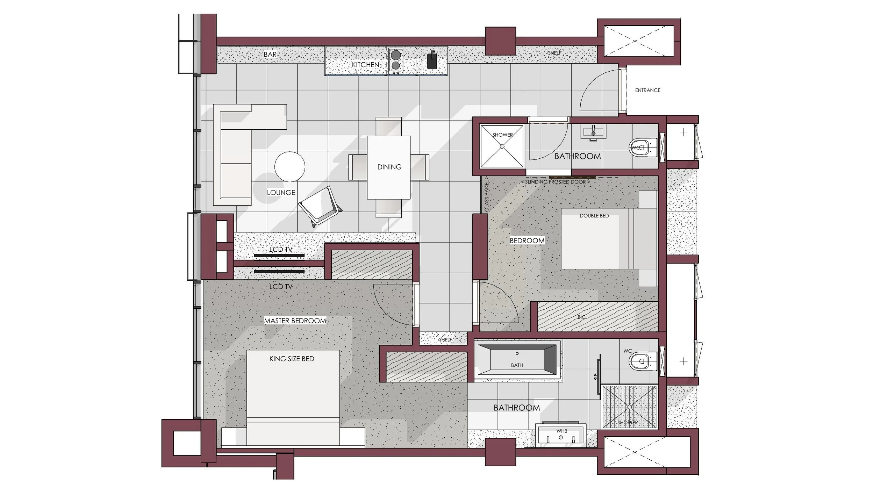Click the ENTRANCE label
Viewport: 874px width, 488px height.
[647, 90]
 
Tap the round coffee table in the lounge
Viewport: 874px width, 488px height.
[289, 167]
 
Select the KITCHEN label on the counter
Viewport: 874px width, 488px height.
[365, 65]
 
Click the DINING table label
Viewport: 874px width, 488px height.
[389, 167]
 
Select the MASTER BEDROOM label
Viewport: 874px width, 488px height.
[295, 321]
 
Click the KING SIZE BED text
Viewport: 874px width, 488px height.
[292, 359]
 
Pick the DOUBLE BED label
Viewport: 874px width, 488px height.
[594, 216]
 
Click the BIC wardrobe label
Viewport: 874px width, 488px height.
[581, 317]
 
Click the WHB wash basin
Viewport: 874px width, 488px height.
[561, 435]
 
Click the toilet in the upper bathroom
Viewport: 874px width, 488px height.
[643, 148]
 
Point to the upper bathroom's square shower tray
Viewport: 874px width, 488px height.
[502, 146]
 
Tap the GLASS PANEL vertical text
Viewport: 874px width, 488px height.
[487, 194]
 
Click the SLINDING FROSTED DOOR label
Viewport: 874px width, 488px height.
[555, 182]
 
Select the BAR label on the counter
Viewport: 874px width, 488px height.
[270, 55]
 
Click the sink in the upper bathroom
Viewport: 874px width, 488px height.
[593, 132]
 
